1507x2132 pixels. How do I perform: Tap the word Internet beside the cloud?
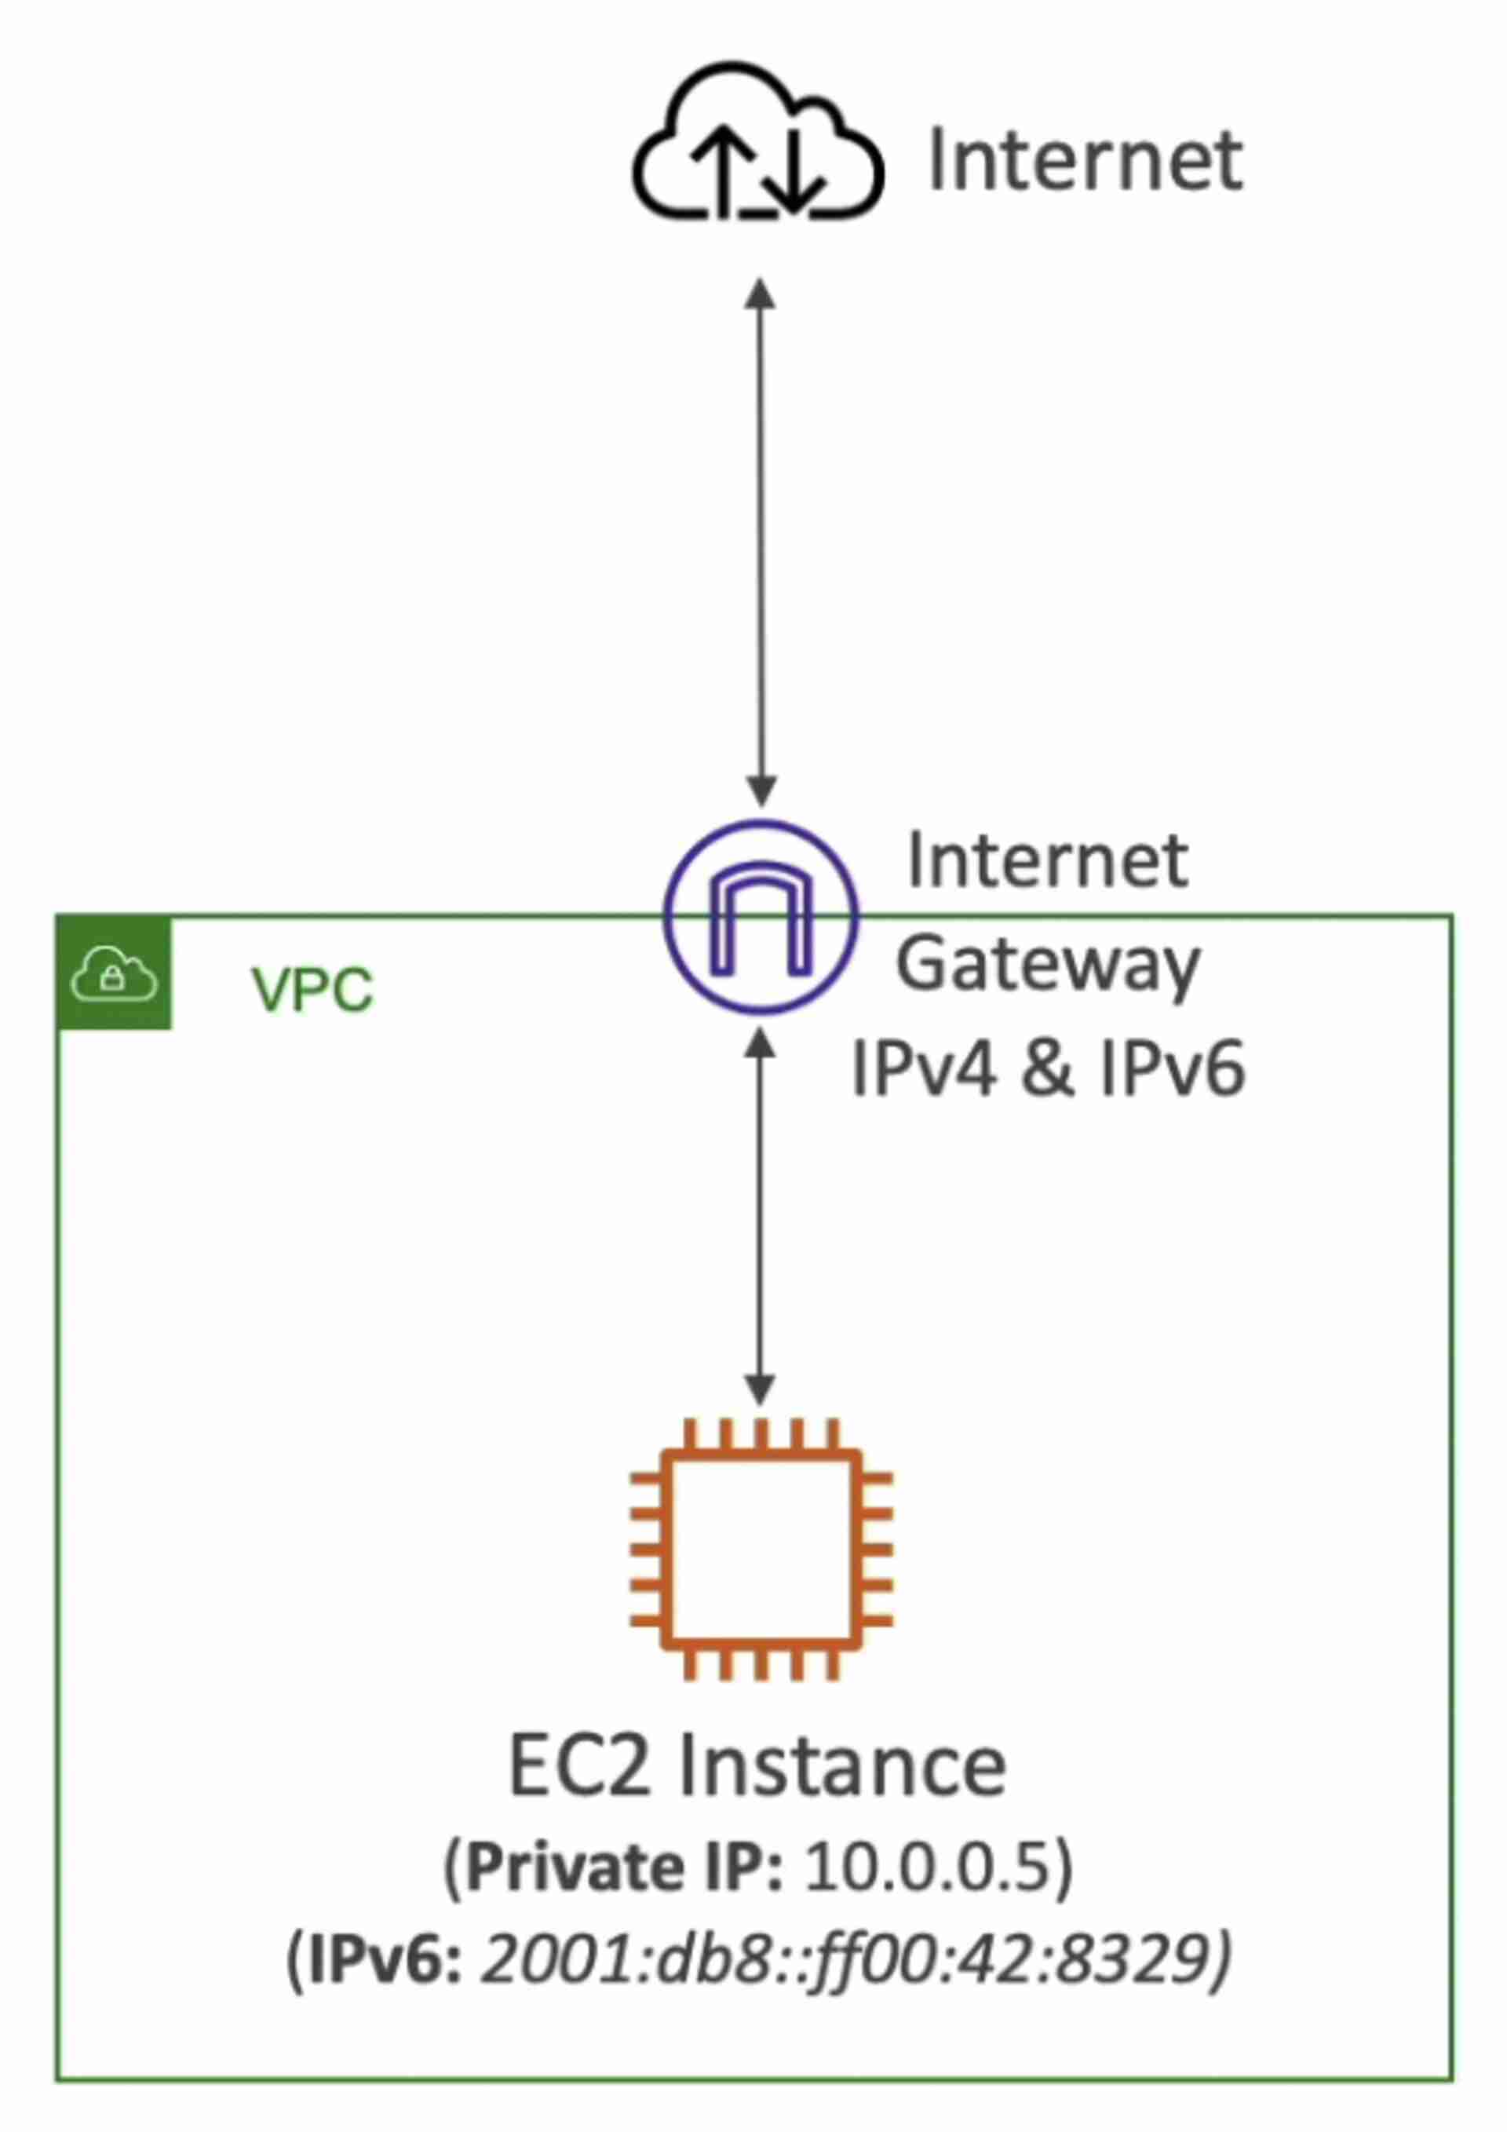1085,161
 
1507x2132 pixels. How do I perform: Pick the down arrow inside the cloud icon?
795,167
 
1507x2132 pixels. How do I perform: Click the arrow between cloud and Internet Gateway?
761,543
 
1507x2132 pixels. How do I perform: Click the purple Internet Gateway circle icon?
761,918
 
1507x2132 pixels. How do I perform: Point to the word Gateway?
1047,965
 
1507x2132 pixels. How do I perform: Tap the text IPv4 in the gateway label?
924,1069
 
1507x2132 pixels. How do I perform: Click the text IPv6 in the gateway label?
1172,1069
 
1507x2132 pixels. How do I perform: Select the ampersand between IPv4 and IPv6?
1047,1069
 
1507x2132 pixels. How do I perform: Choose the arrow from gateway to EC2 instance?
761,1217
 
